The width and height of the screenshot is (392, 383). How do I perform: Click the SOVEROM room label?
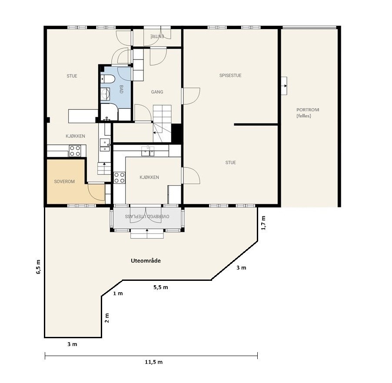click(x=64, y=182)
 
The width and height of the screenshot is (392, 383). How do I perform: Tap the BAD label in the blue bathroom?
click(x=122, y=89)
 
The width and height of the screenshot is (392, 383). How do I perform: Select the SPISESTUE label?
click(x=230, y=75)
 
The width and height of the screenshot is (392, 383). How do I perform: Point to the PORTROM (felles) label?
click(x=308, y=113)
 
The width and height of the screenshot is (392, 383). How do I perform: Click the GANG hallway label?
click(x=157, y=92)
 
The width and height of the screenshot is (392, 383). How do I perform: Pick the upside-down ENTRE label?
click(x=157, y=36)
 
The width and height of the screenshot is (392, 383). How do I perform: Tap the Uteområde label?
click(x=146, y=261)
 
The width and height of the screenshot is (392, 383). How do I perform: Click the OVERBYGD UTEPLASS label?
click(x=147, y=216)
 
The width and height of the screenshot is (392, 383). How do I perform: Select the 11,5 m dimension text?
click(x=154, y=362)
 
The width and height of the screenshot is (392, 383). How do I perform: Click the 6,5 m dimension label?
click(x=39, y=267)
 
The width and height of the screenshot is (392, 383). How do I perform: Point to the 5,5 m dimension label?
click(x=161, y=287)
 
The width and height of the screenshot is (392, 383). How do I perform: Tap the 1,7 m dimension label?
click(x=263, y=223)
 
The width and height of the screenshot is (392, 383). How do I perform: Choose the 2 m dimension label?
click(x=107, y=318)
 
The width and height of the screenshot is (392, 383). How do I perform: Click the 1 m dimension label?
click(x=118, y=293)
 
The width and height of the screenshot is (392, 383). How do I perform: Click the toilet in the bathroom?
click(x=107, y=79)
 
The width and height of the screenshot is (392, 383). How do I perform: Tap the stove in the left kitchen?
click(x=75, y=151)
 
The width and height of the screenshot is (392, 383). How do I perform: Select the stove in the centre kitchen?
click(x=120, y=178)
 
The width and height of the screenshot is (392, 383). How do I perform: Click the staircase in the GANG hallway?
click(x=162, y=123)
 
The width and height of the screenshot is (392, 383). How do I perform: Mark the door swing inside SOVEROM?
click(x=96, y=193)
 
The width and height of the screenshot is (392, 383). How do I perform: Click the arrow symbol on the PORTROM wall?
click(x=284, y=86)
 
